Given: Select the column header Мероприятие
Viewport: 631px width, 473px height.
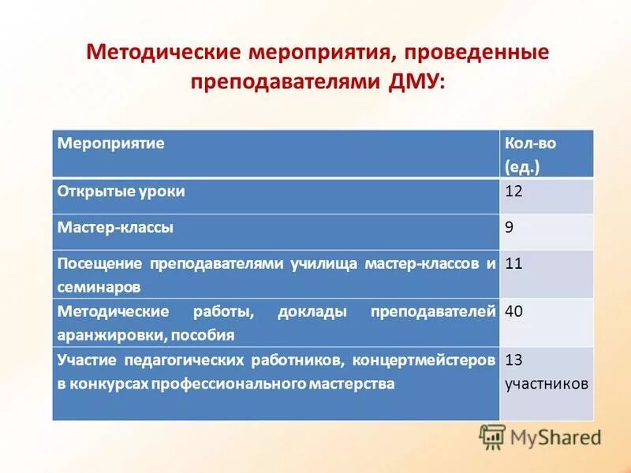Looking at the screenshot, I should point(110,143).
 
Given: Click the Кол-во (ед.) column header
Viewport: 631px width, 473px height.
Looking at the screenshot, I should point(536,155).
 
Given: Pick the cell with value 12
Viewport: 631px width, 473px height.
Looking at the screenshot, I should point(514,191).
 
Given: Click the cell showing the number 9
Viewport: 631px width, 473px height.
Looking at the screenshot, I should point(510,227).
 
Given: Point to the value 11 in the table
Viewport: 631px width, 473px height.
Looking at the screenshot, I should point(514,263).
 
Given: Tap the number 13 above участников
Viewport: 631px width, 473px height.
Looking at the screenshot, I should point(514,359).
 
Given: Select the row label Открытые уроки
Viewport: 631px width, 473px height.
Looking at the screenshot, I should point(121,191).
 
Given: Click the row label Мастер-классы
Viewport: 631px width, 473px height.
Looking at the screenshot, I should point(115,227).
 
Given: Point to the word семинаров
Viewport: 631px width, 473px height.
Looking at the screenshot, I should point(99,286).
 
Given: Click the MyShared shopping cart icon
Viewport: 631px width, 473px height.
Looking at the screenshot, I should point(492,437).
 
